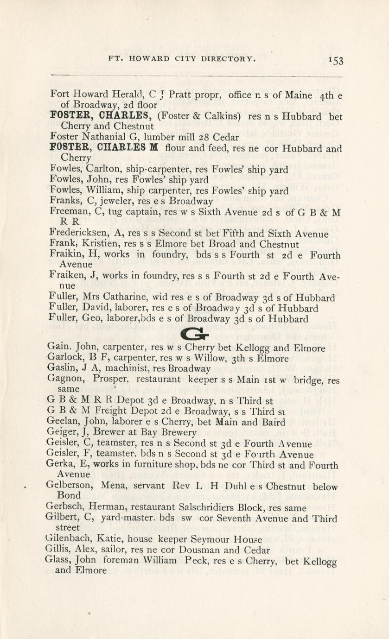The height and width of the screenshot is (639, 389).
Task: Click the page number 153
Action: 334,60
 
